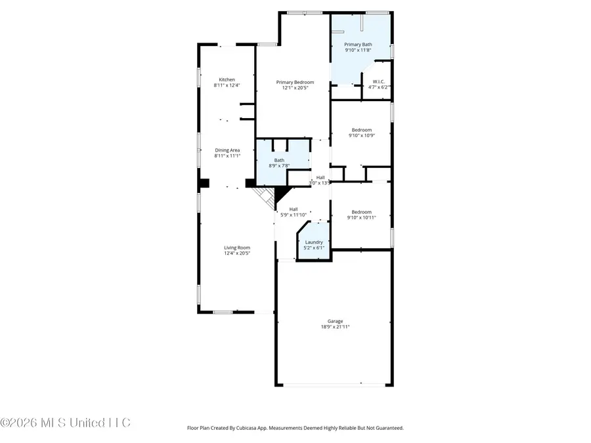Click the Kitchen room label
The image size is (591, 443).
(227, 79)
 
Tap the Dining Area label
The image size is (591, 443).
(227, 150)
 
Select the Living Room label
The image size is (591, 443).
(237, 247)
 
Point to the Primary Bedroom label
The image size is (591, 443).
(290, 82)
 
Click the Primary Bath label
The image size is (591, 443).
(359, 44)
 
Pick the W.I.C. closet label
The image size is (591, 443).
(378, 82)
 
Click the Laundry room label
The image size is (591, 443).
(313, 242)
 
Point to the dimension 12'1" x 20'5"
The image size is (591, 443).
(290, 88)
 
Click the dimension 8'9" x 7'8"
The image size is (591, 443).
(280, 165)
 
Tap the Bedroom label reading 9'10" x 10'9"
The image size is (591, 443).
(361, 135)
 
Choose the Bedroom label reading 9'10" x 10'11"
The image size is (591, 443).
(361, 217)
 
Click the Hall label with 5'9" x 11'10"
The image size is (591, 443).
(294, 214)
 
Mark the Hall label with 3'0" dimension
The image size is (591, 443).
(320, 177)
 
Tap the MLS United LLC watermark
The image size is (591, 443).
(66, 422)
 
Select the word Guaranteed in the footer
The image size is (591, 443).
(387, 428)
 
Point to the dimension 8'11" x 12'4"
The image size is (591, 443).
(227, 85)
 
